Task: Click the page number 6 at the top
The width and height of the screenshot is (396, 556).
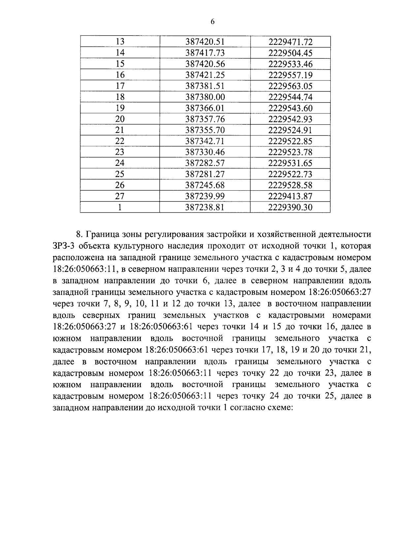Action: point(212,22)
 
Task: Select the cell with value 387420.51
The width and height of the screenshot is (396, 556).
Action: point(205,42)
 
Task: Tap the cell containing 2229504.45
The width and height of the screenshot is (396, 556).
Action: point(290,53)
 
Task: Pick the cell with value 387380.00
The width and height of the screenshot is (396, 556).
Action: point(205,97)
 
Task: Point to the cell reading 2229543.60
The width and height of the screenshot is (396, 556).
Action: point(290,108)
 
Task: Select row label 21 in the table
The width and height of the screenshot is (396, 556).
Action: point(120,130)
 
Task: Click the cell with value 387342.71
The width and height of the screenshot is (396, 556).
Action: point(205,141)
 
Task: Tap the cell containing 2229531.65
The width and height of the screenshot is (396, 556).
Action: point(290,163)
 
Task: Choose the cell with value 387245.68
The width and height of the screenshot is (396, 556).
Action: point(205,185)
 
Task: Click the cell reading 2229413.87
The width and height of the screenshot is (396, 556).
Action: point(290,196)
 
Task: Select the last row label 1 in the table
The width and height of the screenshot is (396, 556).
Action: point(120,207)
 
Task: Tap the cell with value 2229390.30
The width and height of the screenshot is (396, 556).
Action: point(290,207)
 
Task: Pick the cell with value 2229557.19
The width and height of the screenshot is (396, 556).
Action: point(290,75)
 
